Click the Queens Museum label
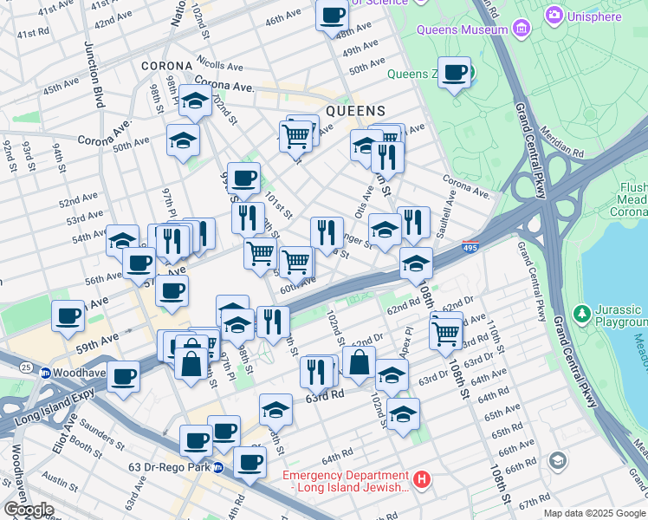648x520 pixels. tap(462, 29)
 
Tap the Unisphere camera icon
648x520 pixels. tap(553, 16)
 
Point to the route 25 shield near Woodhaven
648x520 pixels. tap(27, 368)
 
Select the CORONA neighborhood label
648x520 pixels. tap(166, 66)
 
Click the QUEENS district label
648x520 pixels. tap(355, 111)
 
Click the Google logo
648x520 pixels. tap(29, 509)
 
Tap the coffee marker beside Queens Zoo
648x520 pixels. tap(454, 73)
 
